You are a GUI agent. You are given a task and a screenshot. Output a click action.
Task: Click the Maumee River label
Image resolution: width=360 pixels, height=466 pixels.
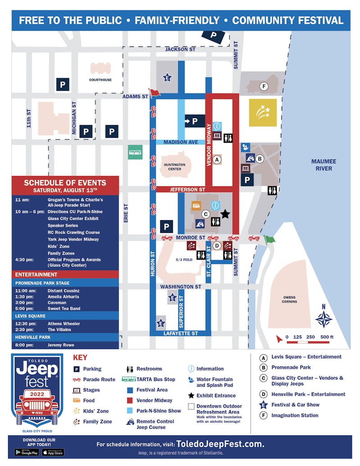[324, 165]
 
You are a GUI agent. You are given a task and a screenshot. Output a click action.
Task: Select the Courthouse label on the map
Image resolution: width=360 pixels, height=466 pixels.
[100, 80]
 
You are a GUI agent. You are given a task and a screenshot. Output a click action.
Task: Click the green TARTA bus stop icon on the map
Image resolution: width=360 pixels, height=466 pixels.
[135, 152]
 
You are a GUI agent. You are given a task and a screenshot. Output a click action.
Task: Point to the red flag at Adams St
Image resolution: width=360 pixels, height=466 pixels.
[154, 93]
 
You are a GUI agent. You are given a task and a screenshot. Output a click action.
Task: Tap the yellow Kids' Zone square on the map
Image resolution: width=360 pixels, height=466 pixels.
[263, 113]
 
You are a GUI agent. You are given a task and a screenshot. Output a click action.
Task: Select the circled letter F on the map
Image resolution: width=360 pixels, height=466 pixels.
[264, 86]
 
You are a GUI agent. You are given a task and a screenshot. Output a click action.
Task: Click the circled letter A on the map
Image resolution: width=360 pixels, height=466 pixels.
[217, 159]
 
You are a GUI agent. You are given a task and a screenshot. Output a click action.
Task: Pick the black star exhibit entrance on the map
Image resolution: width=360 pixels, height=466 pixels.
[225, 214]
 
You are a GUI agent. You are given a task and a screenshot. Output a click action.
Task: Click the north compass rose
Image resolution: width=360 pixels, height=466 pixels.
[323, 318]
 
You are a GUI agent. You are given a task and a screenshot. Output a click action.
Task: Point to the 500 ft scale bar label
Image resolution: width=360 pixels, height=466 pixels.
[327, 337]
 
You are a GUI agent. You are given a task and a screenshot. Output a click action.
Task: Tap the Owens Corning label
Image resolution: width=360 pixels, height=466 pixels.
[290, 299]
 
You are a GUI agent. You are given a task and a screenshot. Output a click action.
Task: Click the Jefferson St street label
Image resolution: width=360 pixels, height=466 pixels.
[188, 190]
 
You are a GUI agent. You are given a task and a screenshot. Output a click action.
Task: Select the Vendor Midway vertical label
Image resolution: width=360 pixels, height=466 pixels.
[209, 145]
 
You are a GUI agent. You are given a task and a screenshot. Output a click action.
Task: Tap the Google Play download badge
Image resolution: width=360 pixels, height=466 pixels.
[26, 452]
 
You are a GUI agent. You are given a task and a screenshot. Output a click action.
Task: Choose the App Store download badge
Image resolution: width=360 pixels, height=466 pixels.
[53, 452]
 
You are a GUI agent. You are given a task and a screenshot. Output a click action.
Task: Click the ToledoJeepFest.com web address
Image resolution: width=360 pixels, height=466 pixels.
[220, 444]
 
